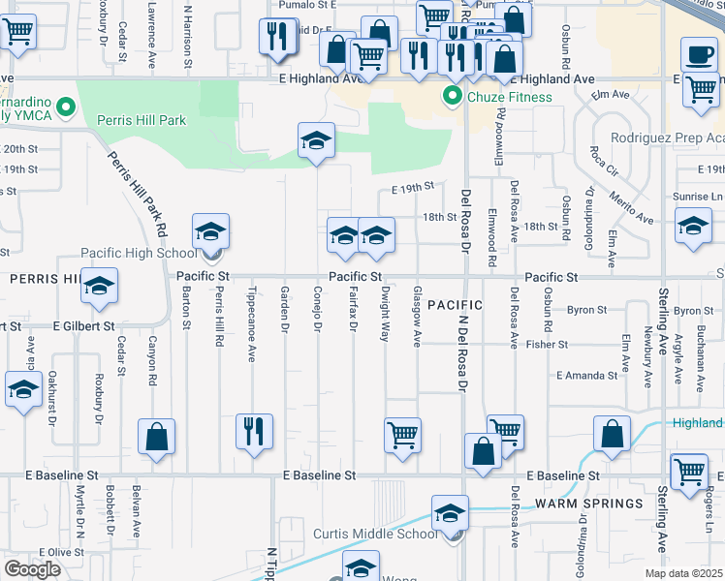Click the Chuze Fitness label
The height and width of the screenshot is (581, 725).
(x=511, y=97)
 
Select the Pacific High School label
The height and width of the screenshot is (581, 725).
(x=138, y=254)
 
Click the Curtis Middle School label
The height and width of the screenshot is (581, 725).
(x=375, y=535)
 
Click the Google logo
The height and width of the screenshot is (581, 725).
(x=32, y=569)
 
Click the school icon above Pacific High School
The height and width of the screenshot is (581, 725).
(x=210, y=231)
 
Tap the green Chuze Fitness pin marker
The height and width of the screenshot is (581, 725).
(x=452, y=96)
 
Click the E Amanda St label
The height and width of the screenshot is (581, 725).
(x=587, y=376)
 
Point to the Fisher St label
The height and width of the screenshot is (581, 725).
(x=547, y=344)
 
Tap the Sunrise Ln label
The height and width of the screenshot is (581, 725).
(x=697, y=197)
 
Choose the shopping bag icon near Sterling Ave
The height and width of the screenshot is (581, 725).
(x=612, y=436)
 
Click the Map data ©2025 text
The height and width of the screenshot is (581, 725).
(x=684, y=573)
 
